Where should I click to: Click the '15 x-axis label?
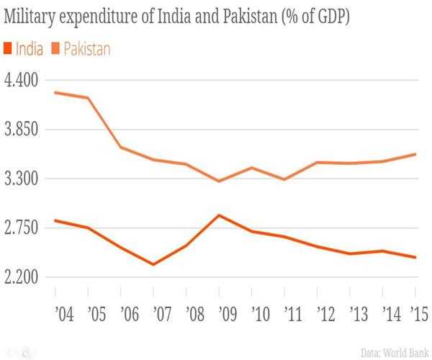415,315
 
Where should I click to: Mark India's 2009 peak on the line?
219,215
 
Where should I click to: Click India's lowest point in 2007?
153,264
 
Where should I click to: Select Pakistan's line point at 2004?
55,93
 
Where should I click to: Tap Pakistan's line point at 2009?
219,181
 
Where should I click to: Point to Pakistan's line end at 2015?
415,154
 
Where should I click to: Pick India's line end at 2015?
415,257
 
